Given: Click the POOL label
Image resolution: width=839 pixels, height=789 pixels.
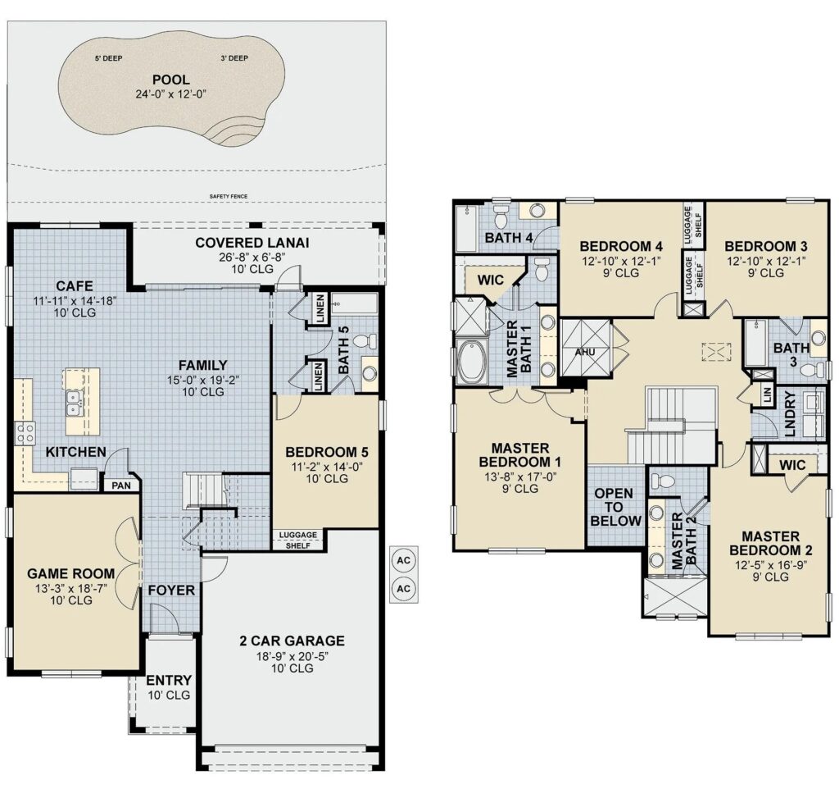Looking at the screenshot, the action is click(x=170, y=80).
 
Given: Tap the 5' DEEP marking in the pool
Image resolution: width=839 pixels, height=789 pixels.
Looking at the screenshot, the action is click(x=108, y=58).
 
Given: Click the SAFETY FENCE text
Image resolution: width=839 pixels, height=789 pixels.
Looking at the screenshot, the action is click(x=229, y=197).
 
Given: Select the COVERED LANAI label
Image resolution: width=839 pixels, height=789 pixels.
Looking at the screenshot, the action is click(x=252, y=243).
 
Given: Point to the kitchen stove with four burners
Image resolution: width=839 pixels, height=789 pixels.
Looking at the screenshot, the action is click(x=25, y=433).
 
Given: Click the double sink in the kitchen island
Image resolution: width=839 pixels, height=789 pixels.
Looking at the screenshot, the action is click(x=74, y=404).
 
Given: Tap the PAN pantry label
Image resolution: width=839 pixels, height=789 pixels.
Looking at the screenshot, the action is click(x=121, y=486).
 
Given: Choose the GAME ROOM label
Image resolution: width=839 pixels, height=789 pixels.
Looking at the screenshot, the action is click(x=70, y=573).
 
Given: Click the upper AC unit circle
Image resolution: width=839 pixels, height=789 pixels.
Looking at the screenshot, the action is click(x=403, y=560).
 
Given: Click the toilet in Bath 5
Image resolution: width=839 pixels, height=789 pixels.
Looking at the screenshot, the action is click(x=365, y=340).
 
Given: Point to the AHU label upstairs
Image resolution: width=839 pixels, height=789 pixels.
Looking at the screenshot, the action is click(x=585, y=353).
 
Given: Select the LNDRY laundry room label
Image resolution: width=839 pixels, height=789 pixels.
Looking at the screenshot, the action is click(x=791, y=413).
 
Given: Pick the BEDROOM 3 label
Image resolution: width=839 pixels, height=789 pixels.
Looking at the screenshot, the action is click(x=766, y=246).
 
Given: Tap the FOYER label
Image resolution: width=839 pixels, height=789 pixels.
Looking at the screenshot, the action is click(x=171, y=591).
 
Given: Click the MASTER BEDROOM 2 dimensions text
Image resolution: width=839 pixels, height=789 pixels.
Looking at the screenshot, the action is click(x=770, y=564).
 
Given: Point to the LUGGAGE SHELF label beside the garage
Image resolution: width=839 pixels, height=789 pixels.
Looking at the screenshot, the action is click(x=298, y=540).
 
